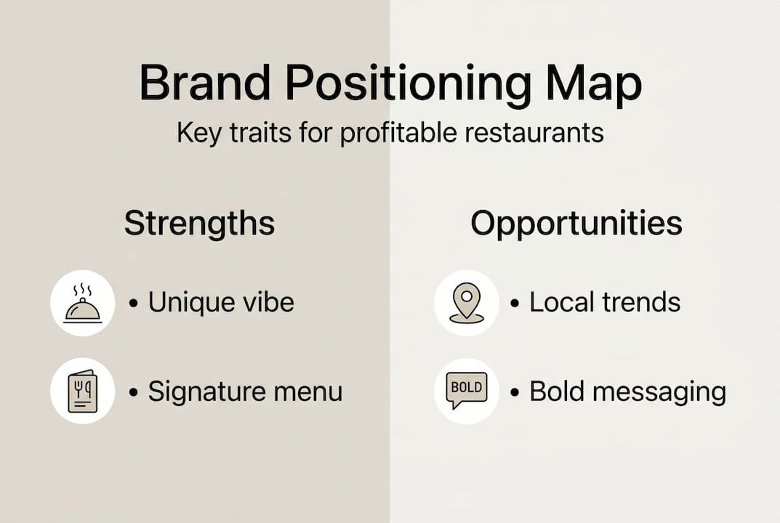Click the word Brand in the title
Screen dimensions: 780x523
205,83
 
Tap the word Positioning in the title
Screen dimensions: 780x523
408,86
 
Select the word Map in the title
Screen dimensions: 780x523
594,86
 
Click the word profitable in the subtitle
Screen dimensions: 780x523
398,133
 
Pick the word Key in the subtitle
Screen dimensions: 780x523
198,134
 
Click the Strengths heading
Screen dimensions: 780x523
199,223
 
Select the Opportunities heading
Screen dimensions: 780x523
576,223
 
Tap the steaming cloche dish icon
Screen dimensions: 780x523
83,303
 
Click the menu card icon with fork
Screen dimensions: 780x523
83,391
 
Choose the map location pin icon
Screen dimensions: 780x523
466,303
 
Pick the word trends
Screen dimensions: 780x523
641,302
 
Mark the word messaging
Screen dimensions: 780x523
659,393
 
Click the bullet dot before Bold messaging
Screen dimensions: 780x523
515,392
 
